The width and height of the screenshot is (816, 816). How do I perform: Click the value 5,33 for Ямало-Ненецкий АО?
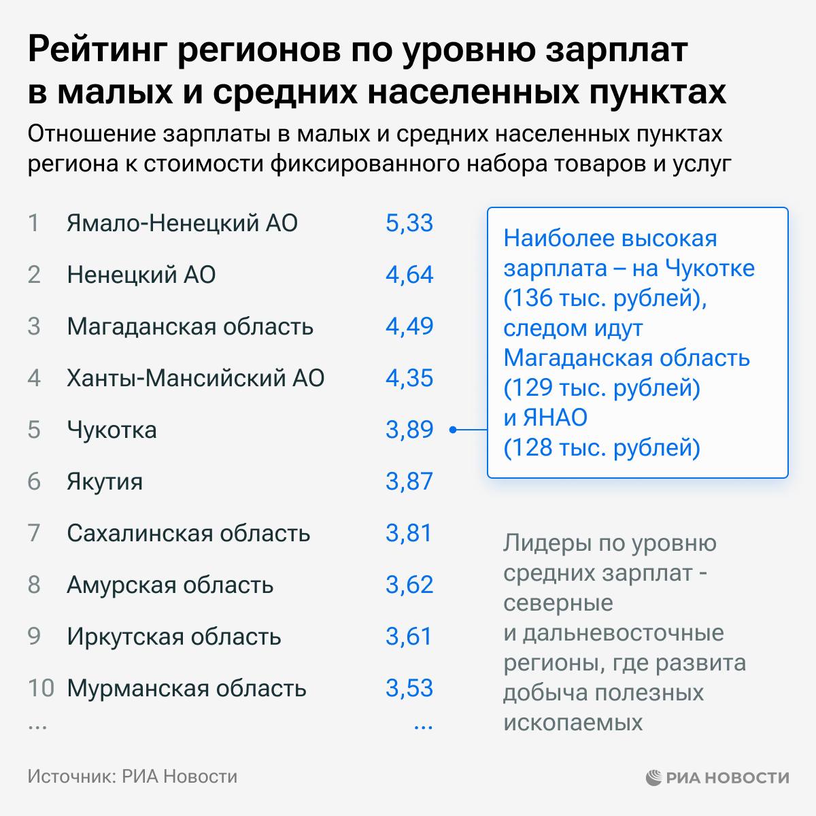409,223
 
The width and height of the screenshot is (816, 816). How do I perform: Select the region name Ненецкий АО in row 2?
141,275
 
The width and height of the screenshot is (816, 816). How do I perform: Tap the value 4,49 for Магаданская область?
409,326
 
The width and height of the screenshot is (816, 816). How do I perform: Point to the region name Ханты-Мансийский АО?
195,378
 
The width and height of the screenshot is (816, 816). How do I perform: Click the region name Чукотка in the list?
112,430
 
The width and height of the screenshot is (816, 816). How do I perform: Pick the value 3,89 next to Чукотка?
409,430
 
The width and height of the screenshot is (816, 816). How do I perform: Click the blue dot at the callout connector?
452,430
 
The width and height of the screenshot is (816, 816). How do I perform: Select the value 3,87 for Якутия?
409,481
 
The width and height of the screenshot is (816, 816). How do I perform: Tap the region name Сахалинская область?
188,533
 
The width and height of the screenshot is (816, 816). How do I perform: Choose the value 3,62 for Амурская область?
409,585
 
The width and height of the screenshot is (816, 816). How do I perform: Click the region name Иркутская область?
173,636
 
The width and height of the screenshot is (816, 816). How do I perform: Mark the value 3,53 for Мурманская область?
409,688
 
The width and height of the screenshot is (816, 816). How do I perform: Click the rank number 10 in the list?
40,688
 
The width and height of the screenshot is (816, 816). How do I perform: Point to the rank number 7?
34,533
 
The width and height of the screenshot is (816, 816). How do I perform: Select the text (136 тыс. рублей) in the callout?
605,298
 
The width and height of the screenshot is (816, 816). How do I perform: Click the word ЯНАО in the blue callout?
555,418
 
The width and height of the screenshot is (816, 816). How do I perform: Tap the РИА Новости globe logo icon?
653,777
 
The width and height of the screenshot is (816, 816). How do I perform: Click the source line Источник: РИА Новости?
133,777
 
